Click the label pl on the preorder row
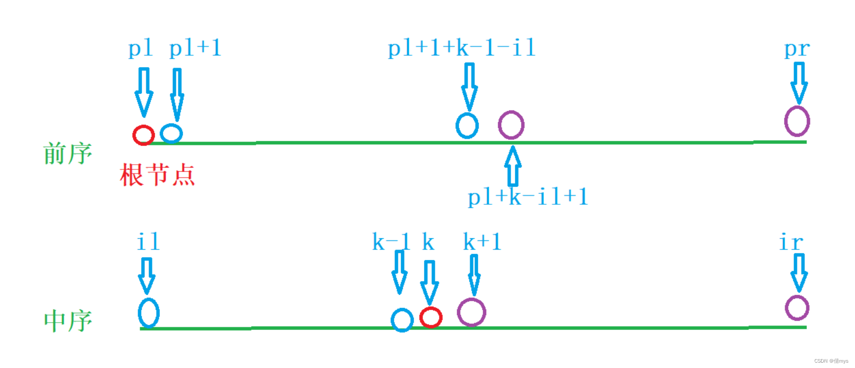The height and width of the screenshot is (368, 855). [x=140, y=49]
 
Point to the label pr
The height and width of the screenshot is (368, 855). [x=797, y=49]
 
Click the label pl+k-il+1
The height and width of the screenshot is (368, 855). [x=528, y=197]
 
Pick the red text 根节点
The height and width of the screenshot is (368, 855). [x=157, y=175]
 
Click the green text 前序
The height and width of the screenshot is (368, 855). [x=67, y=153]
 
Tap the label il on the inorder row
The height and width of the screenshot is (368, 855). [x=148, y=242]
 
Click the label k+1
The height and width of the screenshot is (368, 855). [x=482, y=242]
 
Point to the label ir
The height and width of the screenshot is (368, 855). [x=791, y=242]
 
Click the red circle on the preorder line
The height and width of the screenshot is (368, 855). [x=143, y=135]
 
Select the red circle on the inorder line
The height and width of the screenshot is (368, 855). [x=431, y=317]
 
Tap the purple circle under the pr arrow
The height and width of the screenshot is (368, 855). [x=797, y=121]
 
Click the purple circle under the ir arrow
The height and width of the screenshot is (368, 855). [x=797, y=308]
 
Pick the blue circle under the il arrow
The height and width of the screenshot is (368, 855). [x=149, y=313]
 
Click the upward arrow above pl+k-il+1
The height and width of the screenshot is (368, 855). [x=513, y=166]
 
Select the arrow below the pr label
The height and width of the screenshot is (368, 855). [x=799, y=83]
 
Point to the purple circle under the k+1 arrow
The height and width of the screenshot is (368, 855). [x=471, y=312]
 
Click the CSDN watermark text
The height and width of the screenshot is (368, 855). [x=831, y=361]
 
